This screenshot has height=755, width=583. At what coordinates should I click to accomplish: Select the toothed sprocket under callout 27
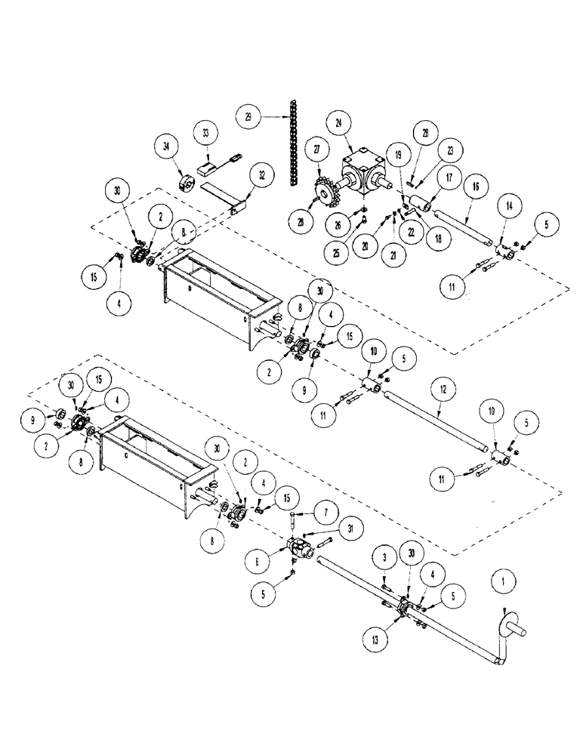pos(327,195)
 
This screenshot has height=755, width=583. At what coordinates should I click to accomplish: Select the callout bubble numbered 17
pos(448,180)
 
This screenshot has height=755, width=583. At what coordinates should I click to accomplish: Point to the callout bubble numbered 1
pos(504,582)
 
